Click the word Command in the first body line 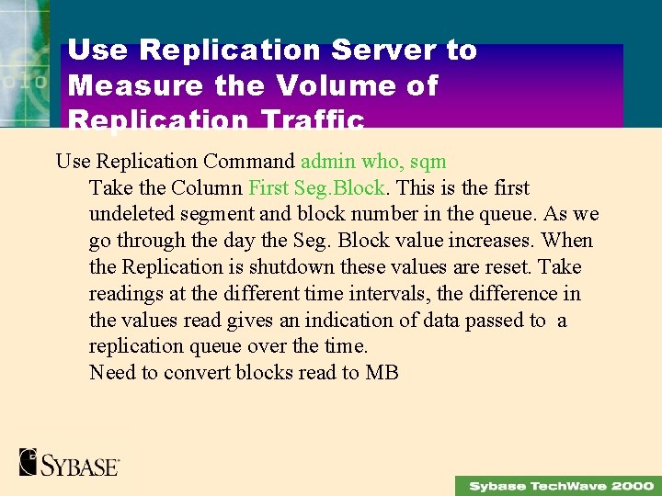coord(249,162)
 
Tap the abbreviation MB coord(382,373)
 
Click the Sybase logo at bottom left coord(69,462)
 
